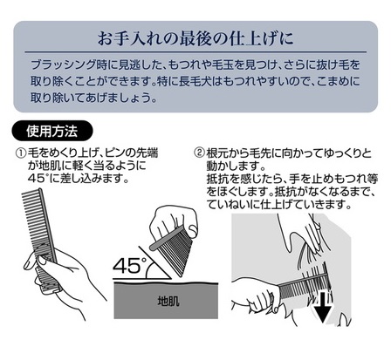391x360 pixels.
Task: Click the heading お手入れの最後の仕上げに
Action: click(195, 38)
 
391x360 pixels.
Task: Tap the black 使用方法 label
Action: click(52, 132)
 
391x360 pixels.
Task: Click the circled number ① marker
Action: click(21, 153)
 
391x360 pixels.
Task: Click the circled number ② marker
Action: click(199, 153)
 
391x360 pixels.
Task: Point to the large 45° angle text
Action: click(129, 265)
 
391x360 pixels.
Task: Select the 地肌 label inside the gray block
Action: click(168, 302)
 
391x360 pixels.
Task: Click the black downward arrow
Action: click(322, 309)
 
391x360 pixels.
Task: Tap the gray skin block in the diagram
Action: click(166, 301)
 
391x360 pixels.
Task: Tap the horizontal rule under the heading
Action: click(195, 52)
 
